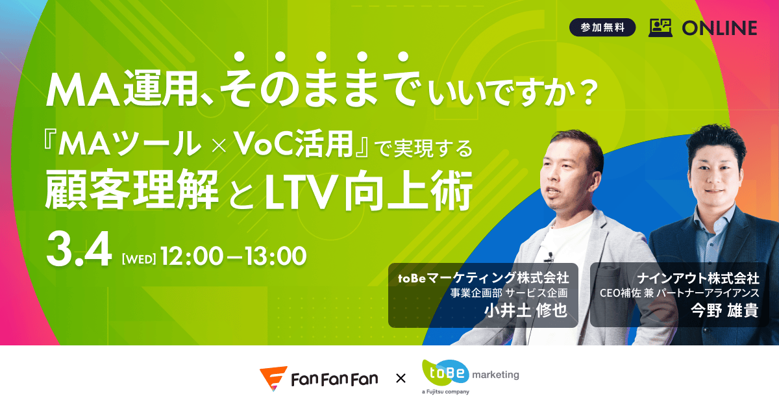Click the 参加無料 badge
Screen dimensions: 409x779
click(602, 28)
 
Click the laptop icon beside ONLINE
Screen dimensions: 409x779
click(661, 27)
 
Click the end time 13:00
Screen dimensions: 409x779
click(273, 256)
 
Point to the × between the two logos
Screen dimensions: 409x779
click(401, 378)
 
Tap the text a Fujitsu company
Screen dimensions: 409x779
click(445, 392)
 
